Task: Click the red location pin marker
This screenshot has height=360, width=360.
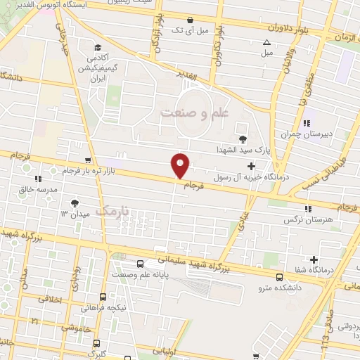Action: pyautogui.click(x=181, y=165)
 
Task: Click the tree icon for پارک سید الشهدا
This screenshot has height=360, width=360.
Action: pyautogui.click(x=243, y=139)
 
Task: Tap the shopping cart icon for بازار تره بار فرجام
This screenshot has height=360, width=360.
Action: pyautogui.click(x=87, y=160)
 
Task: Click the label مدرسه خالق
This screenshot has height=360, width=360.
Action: pyautogui.click(x=31, y=189)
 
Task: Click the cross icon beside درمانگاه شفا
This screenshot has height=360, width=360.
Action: pyautogui.click(x=314, y=260)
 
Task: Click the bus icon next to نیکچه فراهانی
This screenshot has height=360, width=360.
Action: pyautogui.click(x=103, y=297)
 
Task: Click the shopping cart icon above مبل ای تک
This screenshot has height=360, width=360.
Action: pyautogui.click(x=193, y=20)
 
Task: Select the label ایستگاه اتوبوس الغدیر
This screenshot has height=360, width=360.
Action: pyautogui.click(x=92, y=4)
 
